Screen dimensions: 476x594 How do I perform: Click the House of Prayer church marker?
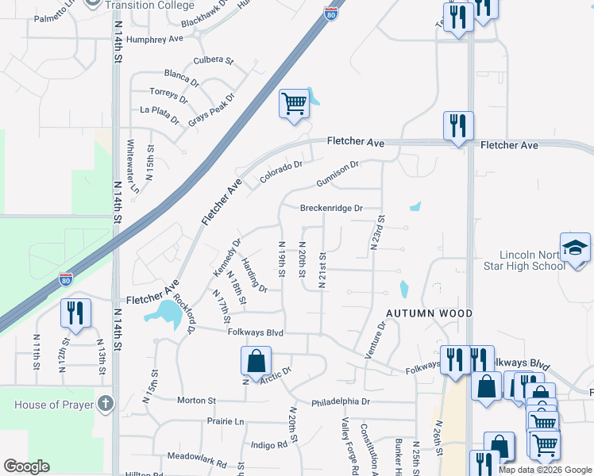tap(107, 404)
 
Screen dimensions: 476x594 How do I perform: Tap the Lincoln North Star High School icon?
tap(575, 248)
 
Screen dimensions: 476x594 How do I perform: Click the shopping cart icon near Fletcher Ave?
tap(294, 103)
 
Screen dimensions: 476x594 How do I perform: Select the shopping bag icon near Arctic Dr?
tap(256, 362)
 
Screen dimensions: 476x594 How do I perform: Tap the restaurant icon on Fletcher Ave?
tap(458, 125)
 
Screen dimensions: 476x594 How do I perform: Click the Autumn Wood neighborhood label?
tap(429, 313)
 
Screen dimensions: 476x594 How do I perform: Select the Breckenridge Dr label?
tap(331, 209)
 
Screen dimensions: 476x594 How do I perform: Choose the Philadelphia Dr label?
tap(341, 402)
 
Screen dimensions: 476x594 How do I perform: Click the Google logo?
tap(26, 466)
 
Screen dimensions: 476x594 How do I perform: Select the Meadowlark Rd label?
tap(197, 457)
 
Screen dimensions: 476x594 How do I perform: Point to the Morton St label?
tap(196, 401)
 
